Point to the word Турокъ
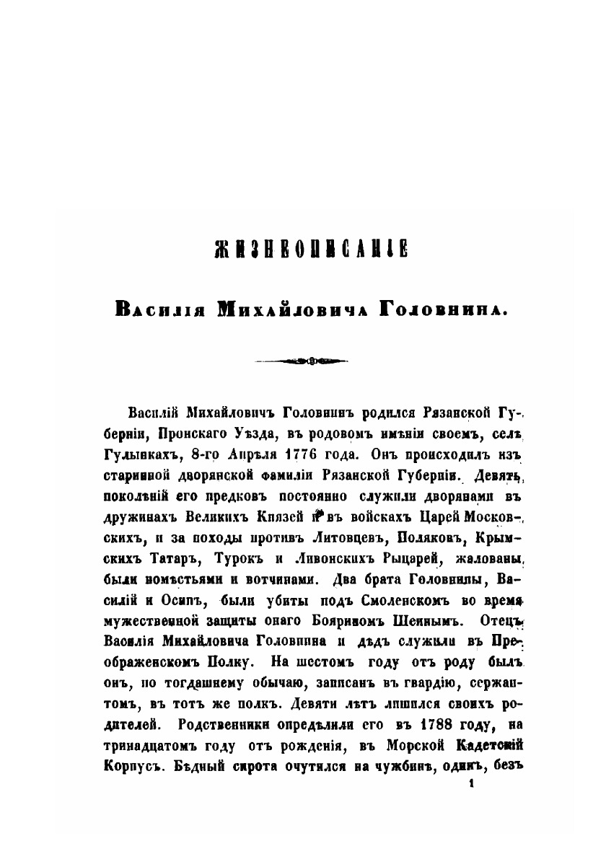(231, 558)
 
